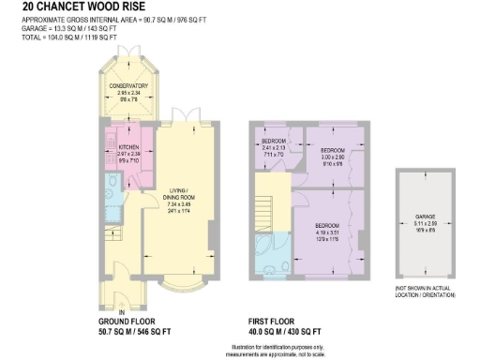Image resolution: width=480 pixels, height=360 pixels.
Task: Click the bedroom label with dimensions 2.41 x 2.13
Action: [272, 141]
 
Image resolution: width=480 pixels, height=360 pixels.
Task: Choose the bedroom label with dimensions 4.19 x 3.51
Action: [326, 226]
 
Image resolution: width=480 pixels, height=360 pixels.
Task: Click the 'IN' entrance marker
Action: [122, 312]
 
